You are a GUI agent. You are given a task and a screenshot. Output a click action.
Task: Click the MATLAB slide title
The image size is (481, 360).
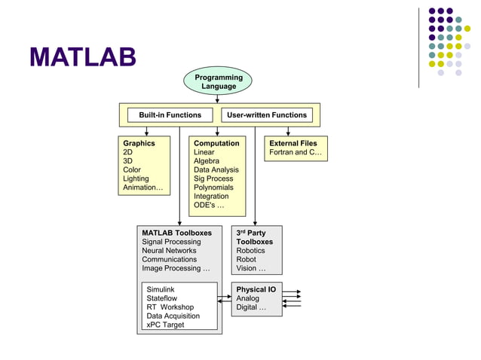pos(83,57)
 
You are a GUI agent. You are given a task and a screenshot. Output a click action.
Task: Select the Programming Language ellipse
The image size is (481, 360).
pos(218,82)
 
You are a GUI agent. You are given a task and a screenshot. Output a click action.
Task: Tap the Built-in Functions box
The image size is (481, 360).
pos(170,115)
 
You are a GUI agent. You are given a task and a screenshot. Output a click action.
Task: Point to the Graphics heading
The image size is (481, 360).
pos(139,143)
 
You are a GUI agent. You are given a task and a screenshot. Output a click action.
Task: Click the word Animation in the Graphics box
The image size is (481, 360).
pos(140,188)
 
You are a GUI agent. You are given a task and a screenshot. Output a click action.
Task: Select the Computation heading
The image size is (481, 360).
pos(216,143)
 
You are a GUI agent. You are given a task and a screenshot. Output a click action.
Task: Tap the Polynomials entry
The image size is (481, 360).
pos(213,188)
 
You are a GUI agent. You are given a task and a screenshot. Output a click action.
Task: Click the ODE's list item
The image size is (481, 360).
pos(209,206)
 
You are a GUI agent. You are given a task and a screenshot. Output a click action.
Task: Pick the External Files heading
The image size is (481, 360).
pos(293,143)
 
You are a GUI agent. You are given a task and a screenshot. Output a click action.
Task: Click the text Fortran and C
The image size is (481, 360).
pos(296,152)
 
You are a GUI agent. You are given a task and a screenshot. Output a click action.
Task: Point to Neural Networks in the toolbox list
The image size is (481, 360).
pos(169,251)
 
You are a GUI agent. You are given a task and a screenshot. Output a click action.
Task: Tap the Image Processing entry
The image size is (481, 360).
pos(176,268)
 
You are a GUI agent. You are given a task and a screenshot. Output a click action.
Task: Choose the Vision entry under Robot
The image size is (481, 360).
pos(250,268)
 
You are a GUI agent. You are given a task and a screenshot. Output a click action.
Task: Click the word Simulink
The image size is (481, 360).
pos(161,289)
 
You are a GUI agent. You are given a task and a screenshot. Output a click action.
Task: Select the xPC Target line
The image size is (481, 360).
pos(165,325)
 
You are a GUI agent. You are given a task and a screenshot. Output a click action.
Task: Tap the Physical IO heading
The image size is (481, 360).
pos(256,289)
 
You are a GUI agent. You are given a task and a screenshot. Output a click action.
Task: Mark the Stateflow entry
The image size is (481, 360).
pos(162,298)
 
